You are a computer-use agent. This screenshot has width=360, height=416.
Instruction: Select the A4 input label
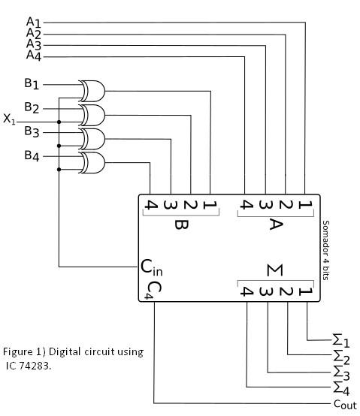pyautogui.click(x=35, y=56)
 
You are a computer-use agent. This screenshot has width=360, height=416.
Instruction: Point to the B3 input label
pyautogui.click(x=34, y=132)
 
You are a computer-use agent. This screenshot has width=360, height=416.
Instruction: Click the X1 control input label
pyautogui.click(x=9, y=119)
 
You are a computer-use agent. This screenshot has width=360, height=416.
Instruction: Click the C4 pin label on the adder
pyautogui.click(x=153, y=291)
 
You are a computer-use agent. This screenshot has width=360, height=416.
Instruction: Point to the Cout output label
pyautogui.click(x=346, y=404)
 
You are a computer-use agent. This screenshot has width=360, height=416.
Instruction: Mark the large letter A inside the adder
pyautogui.click(x=276, y=225)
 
